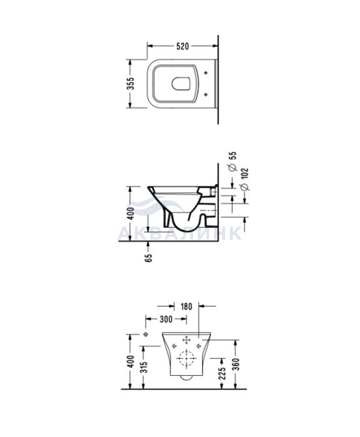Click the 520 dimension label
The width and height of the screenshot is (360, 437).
183,46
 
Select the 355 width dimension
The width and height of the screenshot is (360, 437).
130,83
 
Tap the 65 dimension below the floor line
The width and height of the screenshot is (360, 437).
148,258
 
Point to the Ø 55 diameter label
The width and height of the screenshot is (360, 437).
232,161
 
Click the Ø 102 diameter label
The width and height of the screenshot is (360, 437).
245,179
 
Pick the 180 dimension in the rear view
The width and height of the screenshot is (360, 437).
186,307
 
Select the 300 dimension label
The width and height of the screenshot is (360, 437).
166,320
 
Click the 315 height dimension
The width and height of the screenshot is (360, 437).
144,366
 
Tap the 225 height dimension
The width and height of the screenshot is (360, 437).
221,373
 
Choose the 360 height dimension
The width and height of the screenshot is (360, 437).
236,365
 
